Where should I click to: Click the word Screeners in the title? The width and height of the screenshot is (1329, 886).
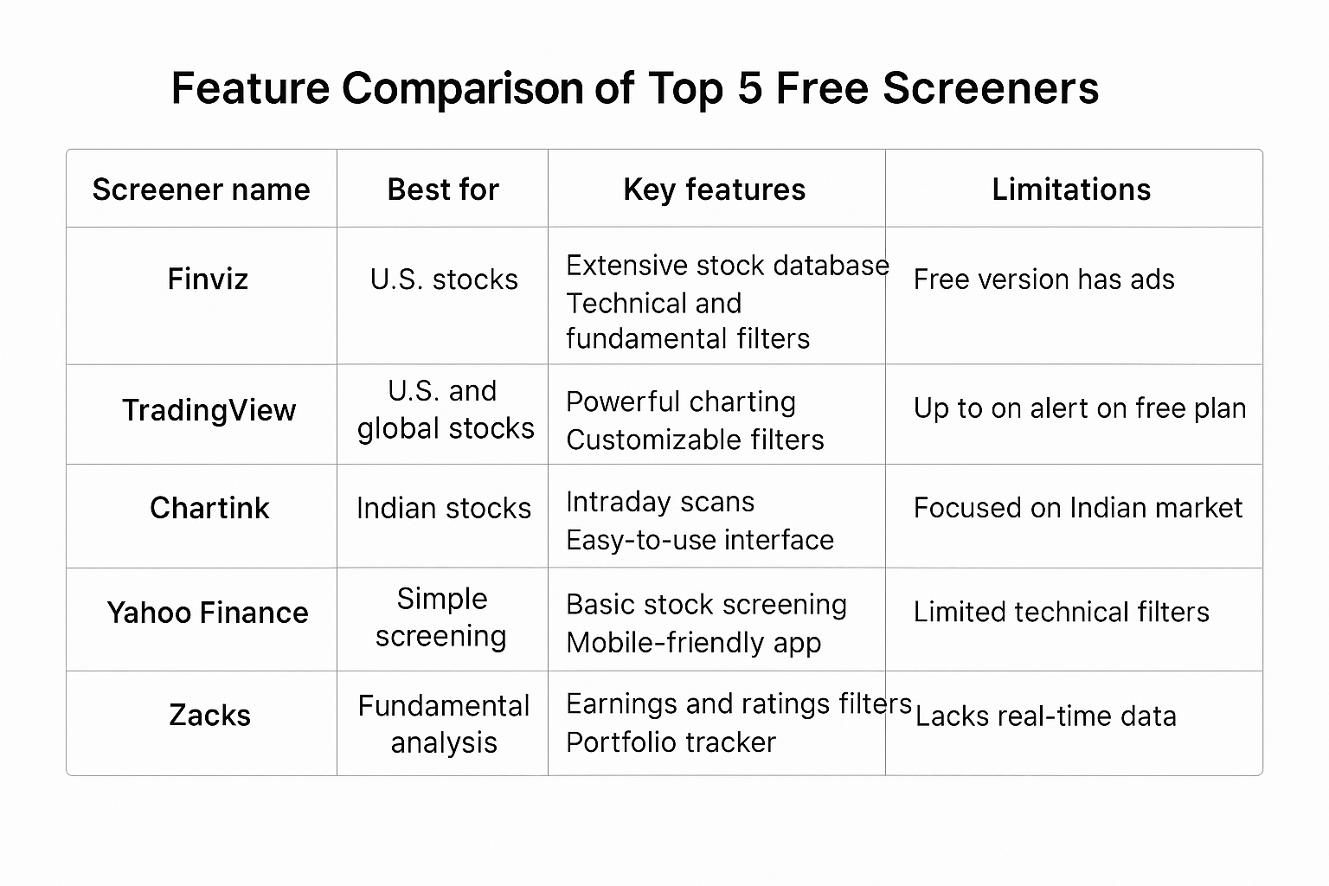[990, 88]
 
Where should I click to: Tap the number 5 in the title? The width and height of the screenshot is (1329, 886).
[750, 88]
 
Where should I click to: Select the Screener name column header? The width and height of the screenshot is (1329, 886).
[201, 189]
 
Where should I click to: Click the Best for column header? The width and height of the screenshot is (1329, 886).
[443, 189]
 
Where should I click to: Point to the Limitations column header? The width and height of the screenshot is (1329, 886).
[1071, 189]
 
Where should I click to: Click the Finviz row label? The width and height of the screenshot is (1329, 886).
[208, 279]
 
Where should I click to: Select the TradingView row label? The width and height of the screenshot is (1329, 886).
[209, 410]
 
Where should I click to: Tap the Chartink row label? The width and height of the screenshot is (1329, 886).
[209, 508]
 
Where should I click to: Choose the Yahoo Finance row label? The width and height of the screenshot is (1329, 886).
[208, 613]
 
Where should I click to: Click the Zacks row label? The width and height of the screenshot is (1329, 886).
[210, 715]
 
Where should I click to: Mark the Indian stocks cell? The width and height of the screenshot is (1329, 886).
[444, 509]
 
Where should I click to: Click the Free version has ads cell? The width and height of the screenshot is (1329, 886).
[1044, 279]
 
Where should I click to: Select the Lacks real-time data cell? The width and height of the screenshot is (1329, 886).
[1046, 716]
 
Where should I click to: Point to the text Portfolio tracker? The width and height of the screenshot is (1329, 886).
[671, 742]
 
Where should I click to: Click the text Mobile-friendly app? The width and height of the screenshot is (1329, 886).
[694, 643]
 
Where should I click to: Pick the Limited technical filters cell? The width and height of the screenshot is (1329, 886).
[1062, 612]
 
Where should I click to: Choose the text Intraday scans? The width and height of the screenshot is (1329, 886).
[660, 502]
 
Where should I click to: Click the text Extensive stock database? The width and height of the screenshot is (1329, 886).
[728, 266]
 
